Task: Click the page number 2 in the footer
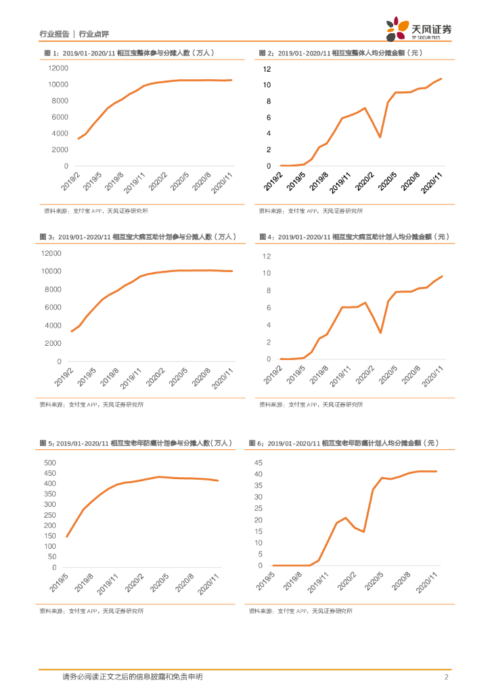(x=447, y=677)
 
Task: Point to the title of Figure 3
(x=138, y=237)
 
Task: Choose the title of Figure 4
(x=354, y=237)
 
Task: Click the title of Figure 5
(x=135, y=443)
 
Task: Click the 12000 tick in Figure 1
(x=58, y=68)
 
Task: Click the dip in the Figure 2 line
(x=380, y=137)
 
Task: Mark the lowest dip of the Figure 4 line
(x=380, y=333)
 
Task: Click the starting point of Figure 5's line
(x=66, y=537)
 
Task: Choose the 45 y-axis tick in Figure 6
(x=258, y=462)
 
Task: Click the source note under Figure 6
(x=300, y=611)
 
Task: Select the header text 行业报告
(x=55, y=33)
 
